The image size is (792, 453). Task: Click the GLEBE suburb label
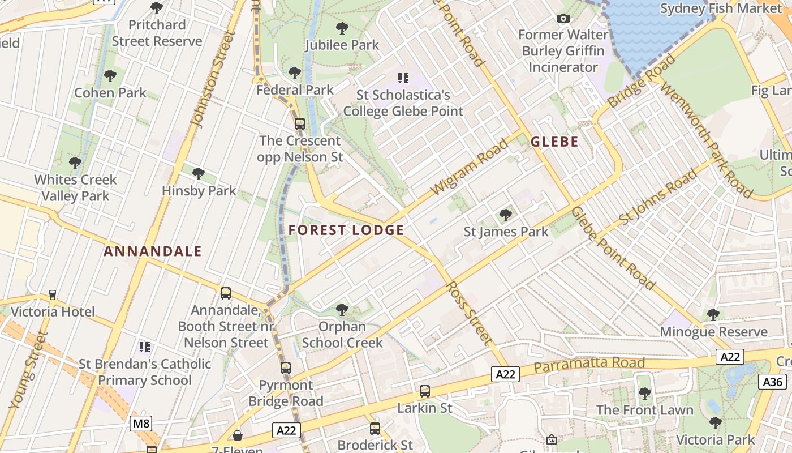click(554, 142)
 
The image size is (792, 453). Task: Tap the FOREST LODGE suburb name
click(346, 230)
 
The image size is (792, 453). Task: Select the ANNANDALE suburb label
click(153, 251)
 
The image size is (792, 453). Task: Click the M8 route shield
click(141, 424)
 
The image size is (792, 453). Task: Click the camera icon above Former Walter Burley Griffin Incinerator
click(563, 19)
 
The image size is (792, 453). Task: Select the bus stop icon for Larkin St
click(425, 391)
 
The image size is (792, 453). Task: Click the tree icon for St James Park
click(506, 215)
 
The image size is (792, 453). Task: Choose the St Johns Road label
click(657, 195)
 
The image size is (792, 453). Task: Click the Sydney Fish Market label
click(721, 8)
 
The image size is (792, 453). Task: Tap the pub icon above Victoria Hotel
click(53, 294)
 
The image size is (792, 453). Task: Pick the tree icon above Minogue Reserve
click(713, 314)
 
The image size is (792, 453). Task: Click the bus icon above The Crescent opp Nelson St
click(300, 123)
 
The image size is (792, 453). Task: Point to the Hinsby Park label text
click(199, 191)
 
